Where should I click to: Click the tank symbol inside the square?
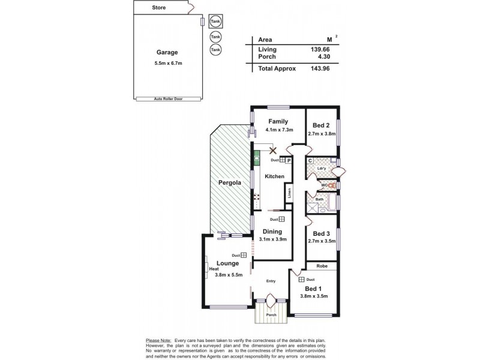[214, 22]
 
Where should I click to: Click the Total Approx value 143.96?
[319, 68]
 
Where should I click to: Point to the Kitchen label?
[274, 176]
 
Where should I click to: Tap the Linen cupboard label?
[289, 193]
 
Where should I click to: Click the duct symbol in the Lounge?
[244, 255]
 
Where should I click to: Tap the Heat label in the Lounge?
[214, 269]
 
